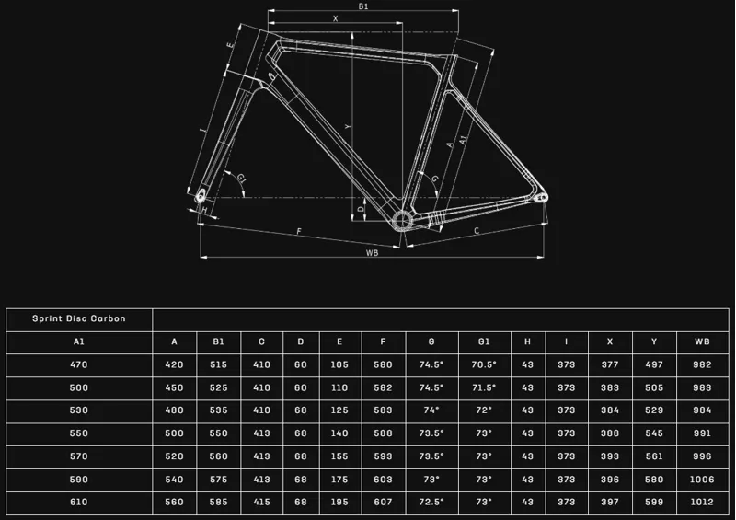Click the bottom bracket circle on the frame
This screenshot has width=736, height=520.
coord(402,220)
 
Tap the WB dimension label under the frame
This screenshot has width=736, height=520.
coord(373,253)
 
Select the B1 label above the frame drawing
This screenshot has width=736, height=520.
coord(363,6)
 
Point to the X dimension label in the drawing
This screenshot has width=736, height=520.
coord(335,18)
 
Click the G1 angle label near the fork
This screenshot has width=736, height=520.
coord(241,178)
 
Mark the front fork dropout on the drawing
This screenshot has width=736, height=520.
coord(201,196)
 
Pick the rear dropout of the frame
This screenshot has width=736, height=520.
coord(541,198)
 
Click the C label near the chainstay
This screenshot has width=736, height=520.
coord(477,231)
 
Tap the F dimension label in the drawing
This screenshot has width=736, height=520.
coord(299,231)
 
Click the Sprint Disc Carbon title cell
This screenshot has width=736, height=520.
coord(79,318)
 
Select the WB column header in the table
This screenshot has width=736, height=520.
coord(702,341)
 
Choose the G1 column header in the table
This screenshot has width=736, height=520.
coord(484,341)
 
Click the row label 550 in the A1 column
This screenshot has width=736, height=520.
coord(79,433)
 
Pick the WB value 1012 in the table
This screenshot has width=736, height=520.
coord(702,502)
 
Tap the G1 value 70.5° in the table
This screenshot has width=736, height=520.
coord(484,364)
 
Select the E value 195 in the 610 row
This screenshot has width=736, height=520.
coord(339,502)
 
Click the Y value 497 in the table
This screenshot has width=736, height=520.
coord(654,364)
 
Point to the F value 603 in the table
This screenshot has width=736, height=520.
coord(383,480)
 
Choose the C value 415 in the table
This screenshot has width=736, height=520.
coord(261,502)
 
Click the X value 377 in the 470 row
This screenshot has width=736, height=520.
coord(610,364)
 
